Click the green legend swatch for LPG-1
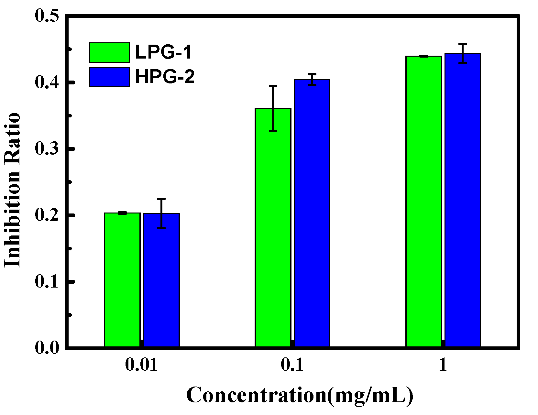coord(109,52)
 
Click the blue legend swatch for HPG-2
coord(109,77)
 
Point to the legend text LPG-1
coord(164,52)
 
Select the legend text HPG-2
coord(165,77)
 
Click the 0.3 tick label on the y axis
coord(47,149)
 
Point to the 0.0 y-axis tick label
coord(47,348)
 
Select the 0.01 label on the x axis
coord(141,365)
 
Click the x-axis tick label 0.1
coord(292,365)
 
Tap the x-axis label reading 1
coord(443,365)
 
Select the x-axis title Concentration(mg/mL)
coord(300,395)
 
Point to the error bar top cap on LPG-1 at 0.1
coord(273,86)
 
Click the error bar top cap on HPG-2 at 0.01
coord(161,199)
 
